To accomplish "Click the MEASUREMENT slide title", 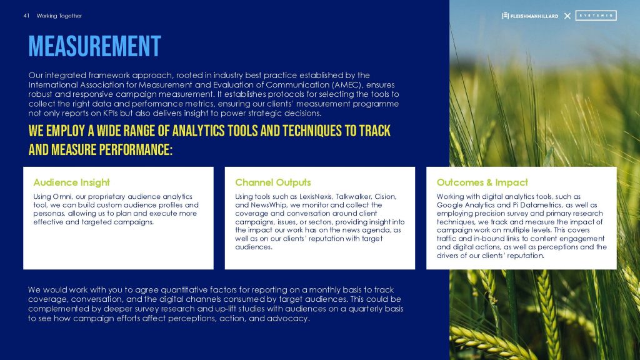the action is pos(95,46).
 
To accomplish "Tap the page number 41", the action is pos(26,16).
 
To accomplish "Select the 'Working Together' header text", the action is pos(59,16).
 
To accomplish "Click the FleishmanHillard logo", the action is pos(530,16).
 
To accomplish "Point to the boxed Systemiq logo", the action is pos(596,16).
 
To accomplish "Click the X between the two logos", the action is pos(567,16).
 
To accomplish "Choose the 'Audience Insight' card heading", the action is pos(71,182).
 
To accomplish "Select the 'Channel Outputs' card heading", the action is pos(273,182).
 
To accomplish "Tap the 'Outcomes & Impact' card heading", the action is pos(482,182).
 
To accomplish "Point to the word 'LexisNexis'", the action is pos(316,197).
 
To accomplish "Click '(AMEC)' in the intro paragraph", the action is pos(348,85).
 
